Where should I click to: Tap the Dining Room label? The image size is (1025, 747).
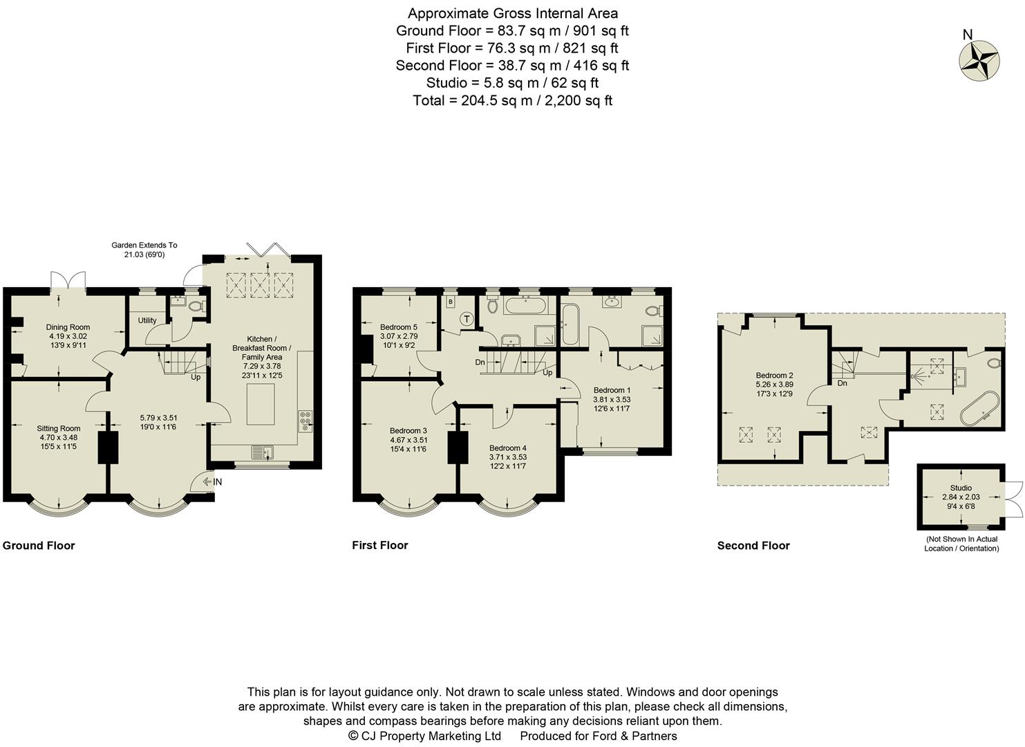(68, 327)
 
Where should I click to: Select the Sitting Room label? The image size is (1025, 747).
(59, 428)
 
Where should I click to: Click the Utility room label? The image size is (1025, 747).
(147, 320)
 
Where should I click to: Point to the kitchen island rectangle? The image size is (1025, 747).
(260, 404)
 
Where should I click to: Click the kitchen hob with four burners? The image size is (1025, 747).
(305, 422)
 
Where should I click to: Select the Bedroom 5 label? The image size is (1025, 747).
(399, 327)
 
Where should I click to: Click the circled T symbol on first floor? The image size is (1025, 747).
(467, 320)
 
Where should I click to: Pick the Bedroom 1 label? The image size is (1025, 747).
(612, 389)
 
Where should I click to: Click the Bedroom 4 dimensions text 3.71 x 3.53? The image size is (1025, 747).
(508, 457)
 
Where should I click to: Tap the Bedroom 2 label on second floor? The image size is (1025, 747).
(774, 375)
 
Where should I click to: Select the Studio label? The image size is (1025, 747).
(961, 488)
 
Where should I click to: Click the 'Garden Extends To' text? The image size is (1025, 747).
(144, 245)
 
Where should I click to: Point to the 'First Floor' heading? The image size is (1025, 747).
(379, 545)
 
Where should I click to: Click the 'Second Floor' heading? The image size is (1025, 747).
(753, 545)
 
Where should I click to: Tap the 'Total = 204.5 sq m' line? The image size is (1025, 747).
(512, 100)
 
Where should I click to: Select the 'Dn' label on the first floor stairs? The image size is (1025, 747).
(480, 362)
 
